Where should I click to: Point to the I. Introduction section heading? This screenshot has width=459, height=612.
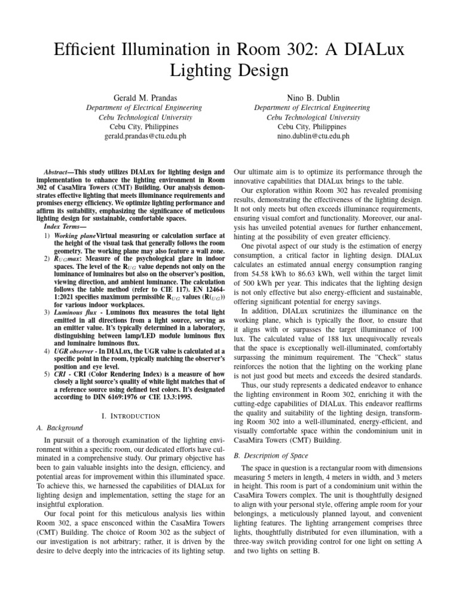click(x=129, y=415)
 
